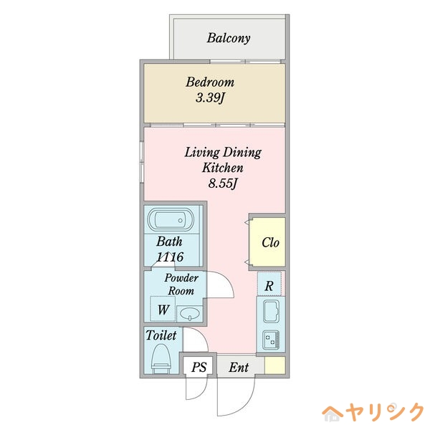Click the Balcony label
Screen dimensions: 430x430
[229, 38]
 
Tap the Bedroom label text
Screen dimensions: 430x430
[210, 82]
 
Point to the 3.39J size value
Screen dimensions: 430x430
[210, 98]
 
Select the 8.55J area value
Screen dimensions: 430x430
[222, 183]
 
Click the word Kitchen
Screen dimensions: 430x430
[223, 168]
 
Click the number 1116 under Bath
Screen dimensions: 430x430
[169, 257]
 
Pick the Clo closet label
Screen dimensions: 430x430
[269, 242]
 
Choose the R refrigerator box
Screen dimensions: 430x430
[269, 285]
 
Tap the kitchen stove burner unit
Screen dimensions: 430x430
[271, 339]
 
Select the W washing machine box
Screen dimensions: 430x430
[164, 310]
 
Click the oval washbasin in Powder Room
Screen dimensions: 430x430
[188, 312]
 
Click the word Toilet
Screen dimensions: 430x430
[161, 335]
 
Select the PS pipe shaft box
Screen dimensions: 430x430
[199, 367]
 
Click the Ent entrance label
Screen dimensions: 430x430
[239, 367]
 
